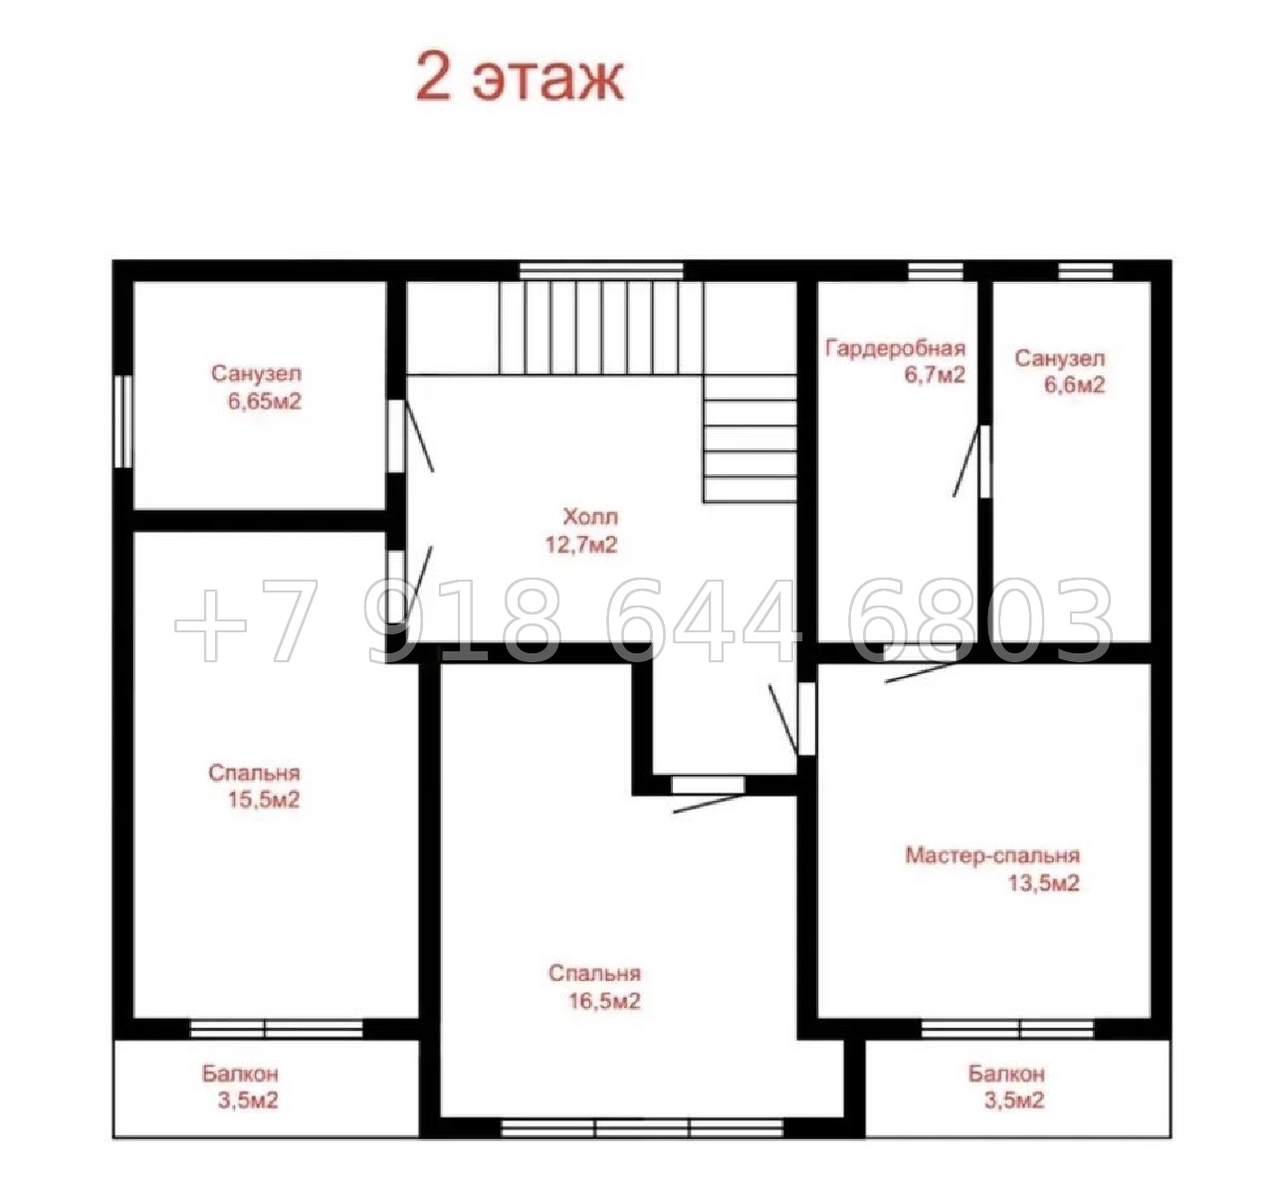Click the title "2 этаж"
(520, 79)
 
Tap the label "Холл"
(590, 517)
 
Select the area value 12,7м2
(581, 545)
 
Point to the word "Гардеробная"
(896, 350)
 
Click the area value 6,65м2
(265, 402)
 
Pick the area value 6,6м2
(1075, 385)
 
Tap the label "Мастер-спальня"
(992, 855)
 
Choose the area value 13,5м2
(1044, 883)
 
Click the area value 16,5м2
(604, 1001)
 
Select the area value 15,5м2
(264, 801)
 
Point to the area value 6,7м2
(935, 375)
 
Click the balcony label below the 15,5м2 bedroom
(240, 1074)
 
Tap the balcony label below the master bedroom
(1006, 1074)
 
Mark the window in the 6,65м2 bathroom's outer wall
(123, 422)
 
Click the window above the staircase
(601, 271)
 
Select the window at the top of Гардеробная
(936, 271)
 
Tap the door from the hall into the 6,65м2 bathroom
(410, 435)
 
